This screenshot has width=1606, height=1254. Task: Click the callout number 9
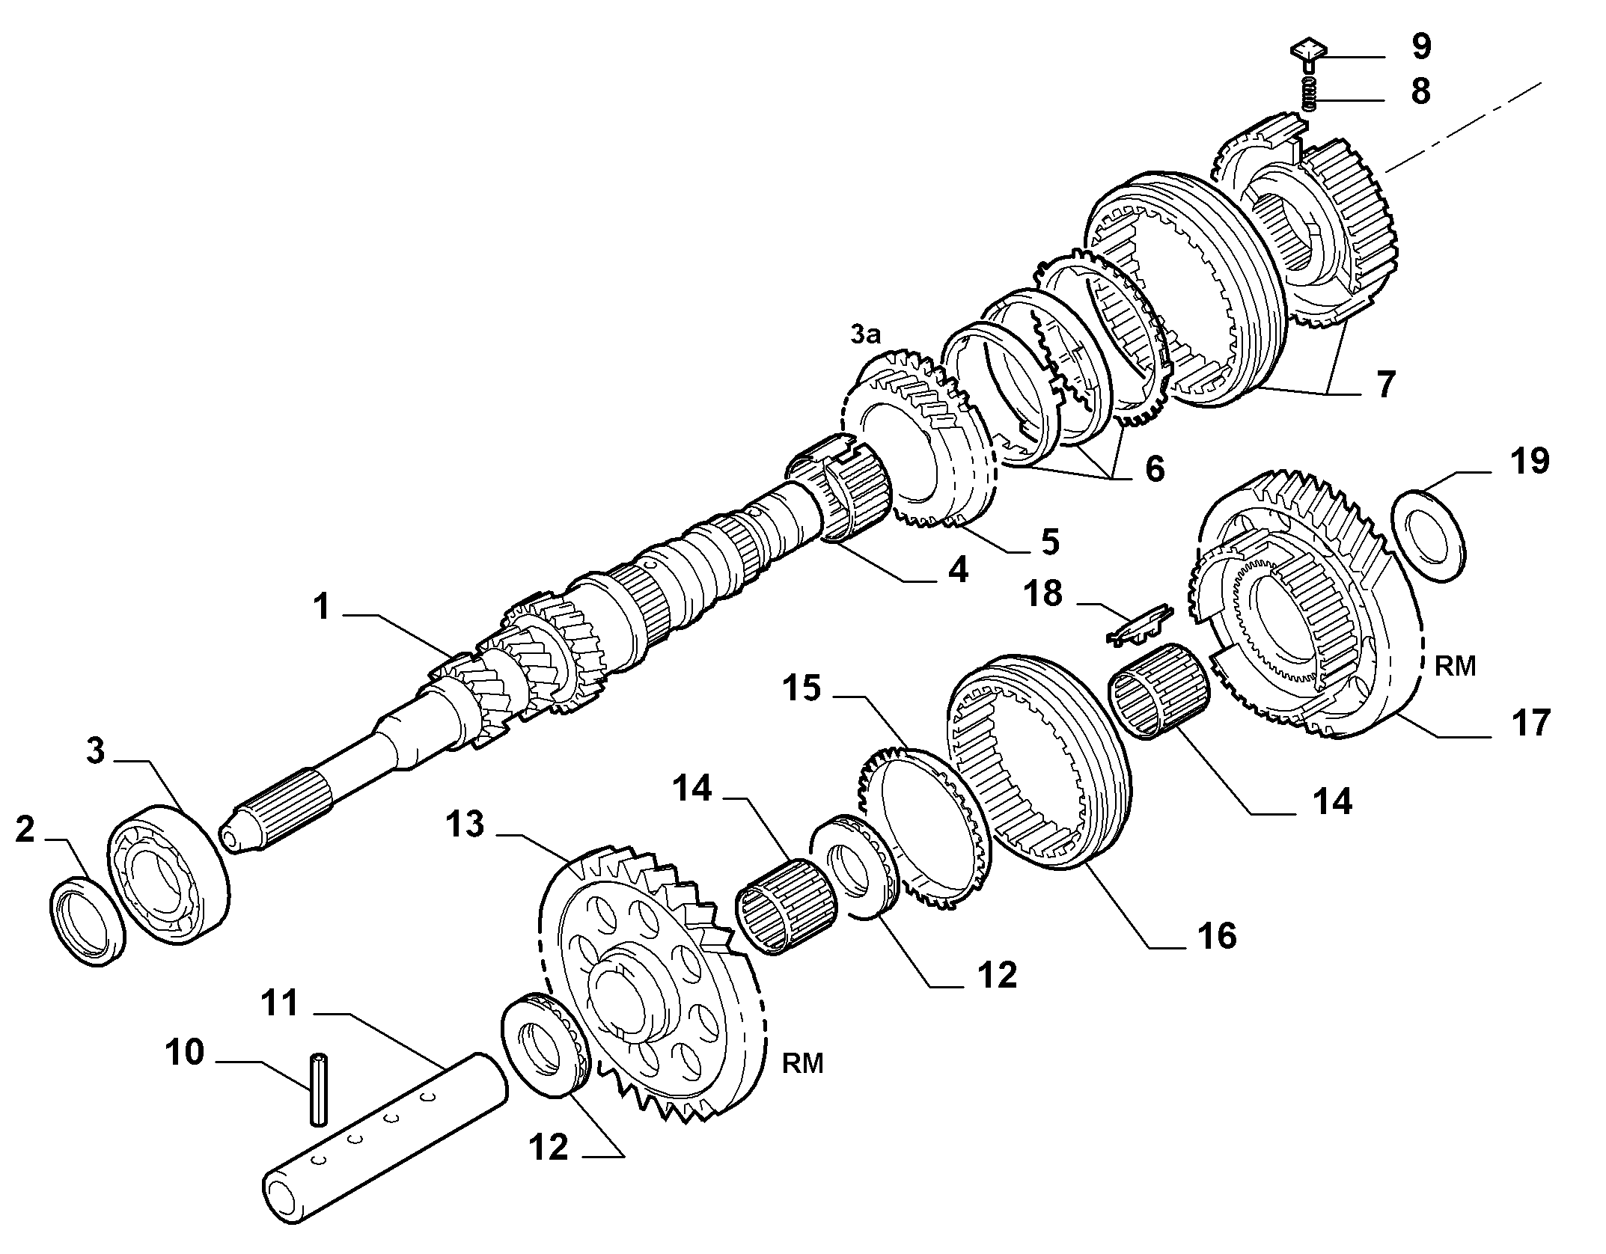tap(1421, 46)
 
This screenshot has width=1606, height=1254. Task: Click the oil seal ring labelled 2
tap(88, 922)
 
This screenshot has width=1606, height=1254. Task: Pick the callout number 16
tap(1216, 936)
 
